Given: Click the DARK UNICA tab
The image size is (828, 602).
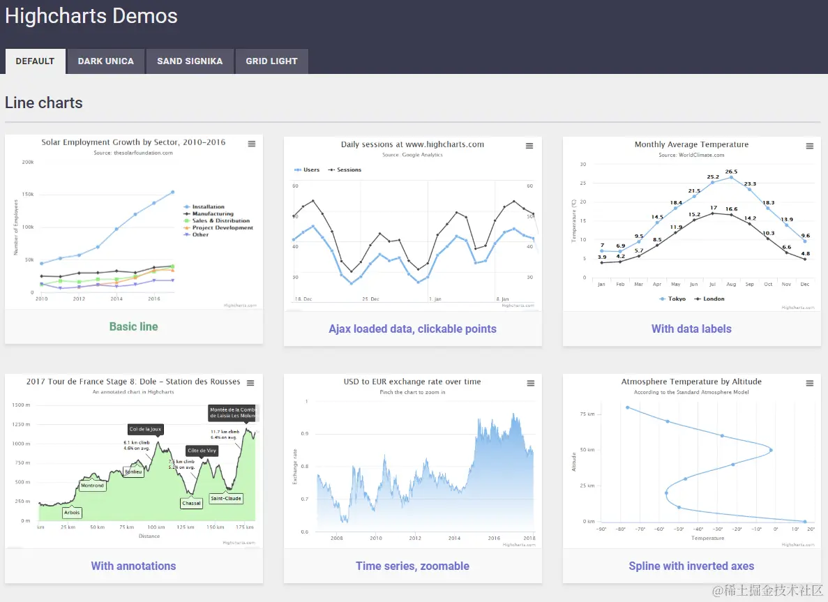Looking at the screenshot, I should pos(105,61).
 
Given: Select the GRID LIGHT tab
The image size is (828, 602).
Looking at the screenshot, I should pos(271,61).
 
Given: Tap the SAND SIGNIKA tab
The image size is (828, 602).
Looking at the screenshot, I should pos(190,61).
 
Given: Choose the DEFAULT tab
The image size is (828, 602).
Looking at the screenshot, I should pos(35,61).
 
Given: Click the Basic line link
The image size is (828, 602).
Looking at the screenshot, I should pos(133,326).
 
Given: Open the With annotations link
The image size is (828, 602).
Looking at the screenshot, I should pos(133,566).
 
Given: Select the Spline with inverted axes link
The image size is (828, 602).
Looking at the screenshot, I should pos(691,566).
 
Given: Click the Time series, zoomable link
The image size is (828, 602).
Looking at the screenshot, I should pos(412,566).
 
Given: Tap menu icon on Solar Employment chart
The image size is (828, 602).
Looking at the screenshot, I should pos(252,144).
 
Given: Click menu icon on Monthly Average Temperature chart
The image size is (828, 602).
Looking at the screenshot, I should pos(810,146).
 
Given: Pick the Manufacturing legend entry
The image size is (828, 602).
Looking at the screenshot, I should pos(212,214).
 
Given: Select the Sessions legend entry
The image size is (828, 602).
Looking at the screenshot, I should pos(348,170).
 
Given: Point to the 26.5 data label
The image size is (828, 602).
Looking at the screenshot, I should pos(731,172).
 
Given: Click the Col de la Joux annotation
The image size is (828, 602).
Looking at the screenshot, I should pos(145,429).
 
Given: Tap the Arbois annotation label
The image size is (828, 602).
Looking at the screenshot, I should pos(72,513).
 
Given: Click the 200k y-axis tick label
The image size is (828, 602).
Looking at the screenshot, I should pos(28,162).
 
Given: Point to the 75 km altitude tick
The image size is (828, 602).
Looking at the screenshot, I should pos(587,414).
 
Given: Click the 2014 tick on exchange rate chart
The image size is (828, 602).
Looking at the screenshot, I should pos(455,538).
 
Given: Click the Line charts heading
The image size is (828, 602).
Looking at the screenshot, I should pos(44,103).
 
